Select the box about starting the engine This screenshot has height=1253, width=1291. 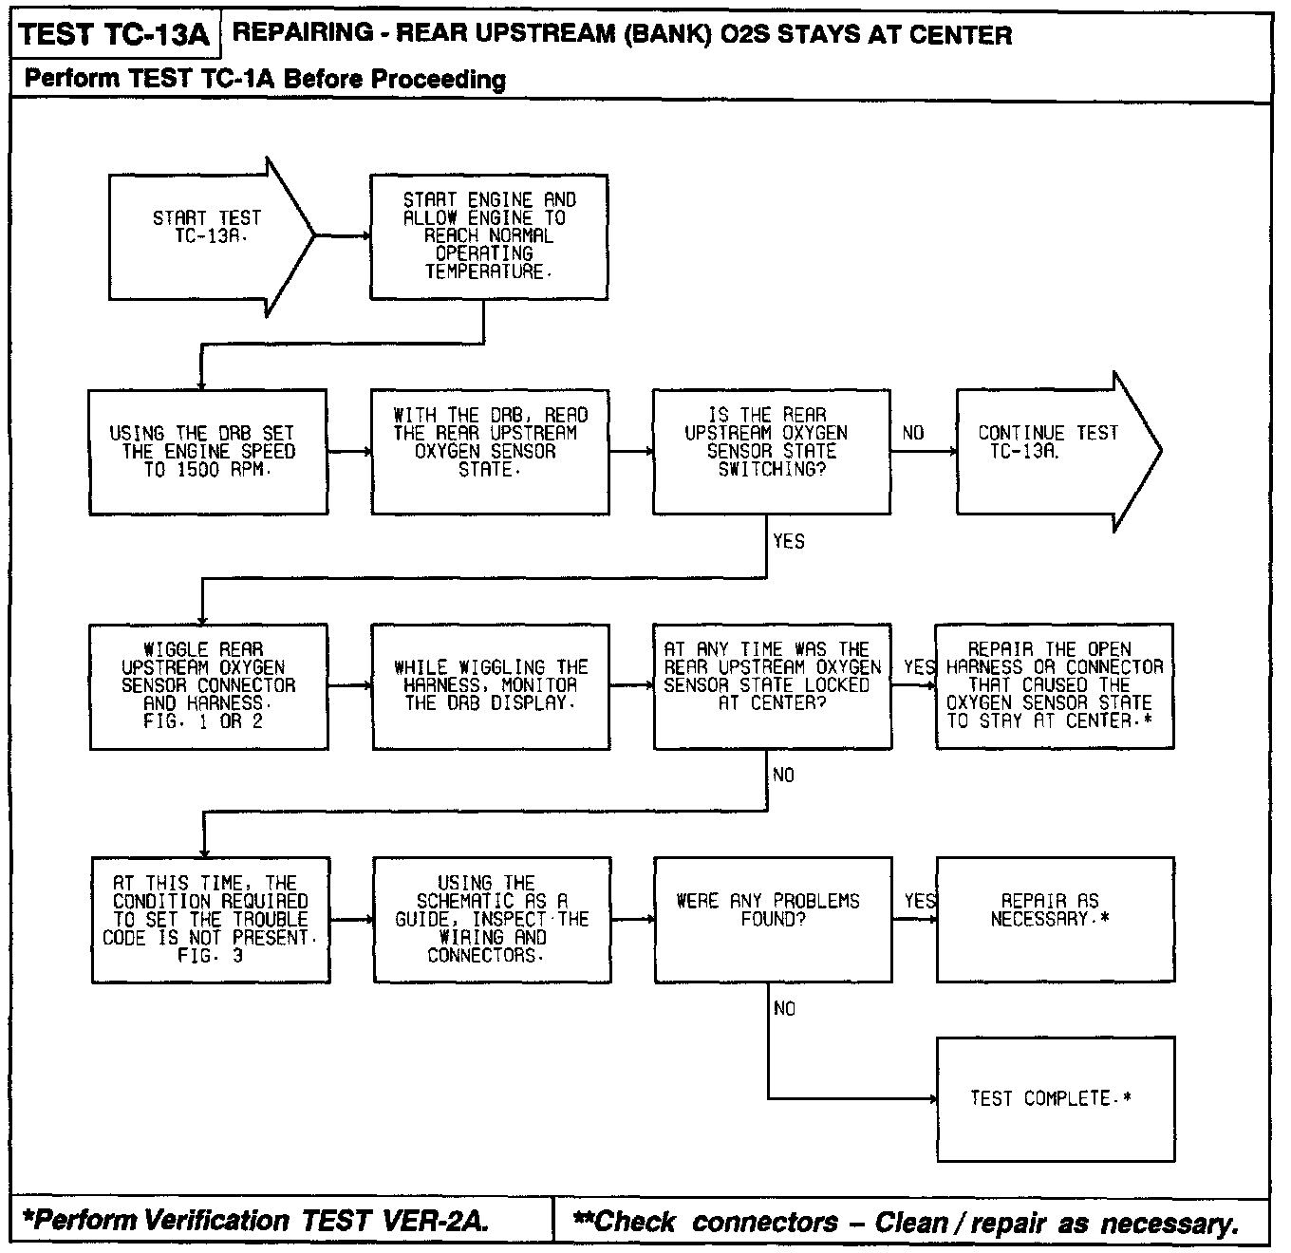click(488, 236)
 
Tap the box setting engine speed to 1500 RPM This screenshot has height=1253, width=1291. click(208, 451)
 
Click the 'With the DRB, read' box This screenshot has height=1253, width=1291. click(490, 451)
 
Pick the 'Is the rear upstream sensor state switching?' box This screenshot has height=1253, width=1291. click(771, 451)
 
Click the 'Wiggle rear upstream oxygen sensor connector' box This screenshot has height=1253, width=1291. click(208, 685)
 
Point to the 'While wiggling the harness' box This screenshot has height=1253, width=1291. click(490, 685)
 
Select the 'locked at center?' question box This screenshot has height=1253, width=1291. click(772, 685)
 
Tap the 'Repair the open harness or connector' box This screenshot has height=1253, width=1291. click(1054, 685)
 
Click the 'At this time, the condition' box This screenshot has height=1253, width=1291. click(210, 919)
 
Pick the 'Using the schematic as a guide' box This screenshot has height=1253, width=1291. click(492, 919)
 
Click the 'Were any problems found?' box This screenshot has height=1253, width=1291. click(773, 919)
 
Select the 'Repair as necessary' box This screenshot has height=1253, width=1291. click(1055, 919)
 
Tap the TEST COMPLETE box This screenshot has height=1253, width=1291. click(1055, 1098)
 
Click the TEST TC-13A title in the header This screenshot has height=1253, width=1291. click(114, 36)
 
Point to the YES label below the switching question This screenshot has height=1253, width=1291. click(789, 541)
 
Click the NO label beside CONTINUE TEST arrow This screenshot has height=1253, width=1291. click(913, 434)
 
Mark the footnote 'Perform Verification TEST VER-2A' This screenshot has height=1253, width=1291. click(256, 1221)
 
